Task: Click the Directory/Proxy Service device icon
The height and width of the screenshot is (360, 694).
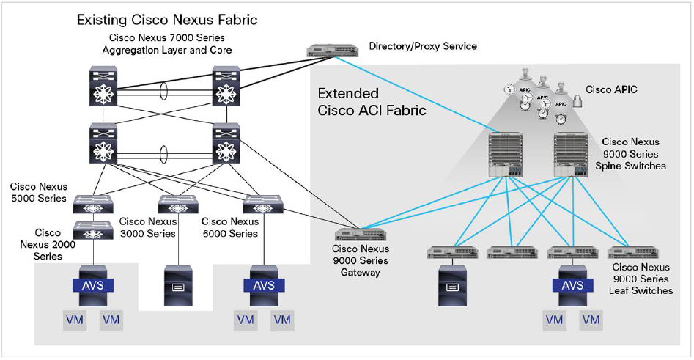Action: pos(333,51)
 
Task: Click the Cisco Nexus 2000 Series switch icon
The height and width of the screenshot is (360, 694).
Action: pos(92,233)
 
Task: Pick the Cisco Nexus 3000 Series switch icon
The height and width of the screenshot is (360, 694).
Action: pos(174,203)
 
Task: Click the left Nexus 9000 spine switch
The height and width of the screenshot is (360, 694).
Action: pos(505,155)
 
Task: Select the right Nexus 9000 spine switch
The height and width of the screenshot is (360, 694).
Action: pos(572,155)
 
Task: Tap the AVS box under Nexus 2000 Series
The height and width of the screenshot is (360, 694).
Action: pos(92,285)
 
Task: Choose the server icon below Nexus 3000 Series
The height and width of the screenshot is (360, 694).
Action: pos(174,285)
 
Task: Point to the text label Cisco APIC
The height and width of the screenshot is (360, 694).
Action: pos(611,89)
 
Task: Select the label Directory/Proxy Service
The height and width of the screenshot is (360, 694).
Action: pos(423,46)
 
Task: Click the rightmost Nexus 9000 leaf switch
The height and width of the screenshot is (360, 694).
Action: pos(627,253)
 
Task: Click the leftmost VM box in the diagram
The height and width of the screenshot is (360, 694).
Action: pos(73,320)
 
